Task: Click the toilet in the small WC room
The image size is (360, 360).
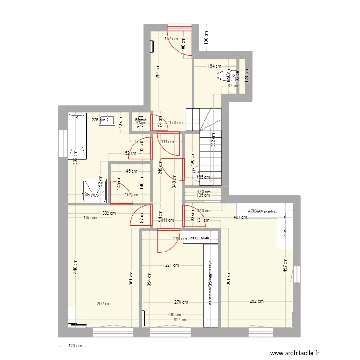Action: click(223, 75)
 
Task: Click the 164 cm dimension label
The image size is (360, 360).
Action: click(214, 67)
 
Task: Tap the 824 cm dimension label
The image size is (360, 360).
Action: click(180, 319)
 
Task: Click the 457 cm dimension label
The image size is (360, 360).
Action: click(285, 267)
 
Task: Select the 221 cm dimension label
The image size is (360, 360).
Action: click(172, 265)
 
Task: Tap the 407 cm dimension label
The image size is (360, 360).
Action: click(240, 217)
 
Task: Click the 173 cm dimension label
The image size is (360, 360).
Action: click(176, 123)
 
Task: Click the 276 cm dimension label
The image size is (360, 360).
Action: click(180, 302)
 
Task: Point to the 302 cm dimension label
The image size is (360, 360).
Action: click(109, 213)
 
